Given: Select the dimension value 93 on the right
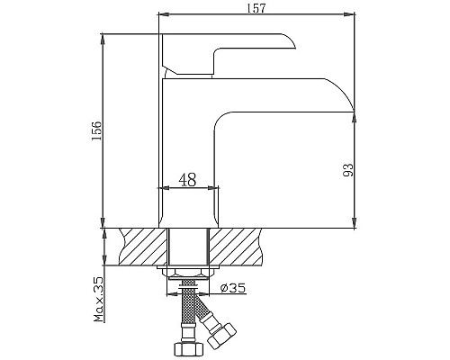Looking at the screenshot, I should click(367, 169).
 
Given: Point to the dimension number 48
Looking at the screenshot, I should click(187, 180).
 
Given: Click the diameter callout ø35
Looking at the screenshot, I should click(233, 288).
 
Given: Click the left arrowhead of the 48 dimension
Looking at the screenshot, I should click(162, 188).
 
